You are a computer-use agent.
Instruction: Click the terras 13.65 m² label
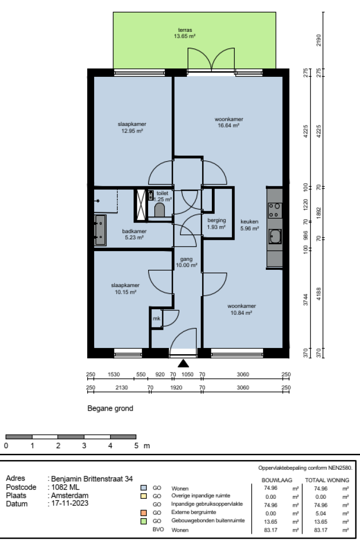(x=185, y=32)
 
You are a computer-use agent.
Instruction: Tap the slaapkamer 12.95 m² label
(x=132, y=127)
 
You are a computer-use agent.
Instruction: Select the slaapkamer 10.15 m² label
(x=125, y=288)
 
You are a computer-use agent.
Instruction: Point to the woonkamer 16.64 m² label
(x=229, y=122)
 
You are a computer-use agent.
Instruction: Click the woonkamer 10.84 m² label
(x=242, y=309)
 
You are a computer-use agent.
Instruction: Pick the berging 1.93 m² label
(x=217, y=223)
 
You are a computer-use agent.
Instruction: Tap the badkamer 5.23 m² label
(x=134, y=234)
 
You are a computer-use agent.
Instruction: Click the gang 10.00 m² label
(x=186, y=262)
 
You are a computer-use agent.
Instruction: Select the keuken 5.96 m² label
(x=249, y=225)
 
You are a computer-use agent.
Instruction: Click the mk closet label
(x=156, y=319)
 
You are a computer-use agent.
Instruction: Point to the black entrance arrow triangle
(x=183, y=363)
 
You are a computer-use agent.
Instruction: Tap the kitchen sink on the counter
(x=275, y=237)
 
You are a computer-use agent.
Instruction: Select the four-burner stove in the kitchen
(x=275, y=210)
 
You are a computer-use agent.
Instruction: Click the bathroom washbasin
(x=100, y=230)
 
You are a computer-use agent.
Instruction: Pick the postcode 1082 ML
(x=66, y=487)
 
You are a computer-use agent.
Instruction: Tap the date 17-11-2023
(x=69, y=504)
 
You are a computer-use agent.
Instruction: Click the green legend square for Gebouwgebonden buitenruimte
(x=143, y=521)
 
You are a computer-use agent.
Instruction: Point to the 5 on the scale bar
(x=136, y=446)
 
